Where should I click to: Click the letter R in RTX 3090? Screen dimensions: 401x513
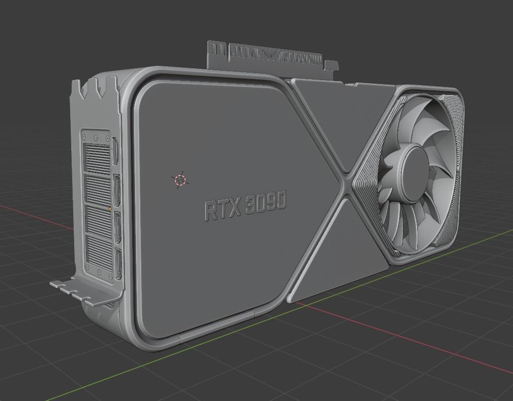211,211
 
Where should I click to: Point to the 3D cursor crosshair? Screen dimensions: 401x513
180,180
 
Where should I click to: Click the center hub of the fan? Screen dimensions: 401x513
413,174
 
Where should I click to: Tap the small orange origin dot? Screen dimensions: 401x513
110,209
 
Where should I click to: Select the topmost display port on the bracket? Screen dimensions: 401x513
115,151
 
